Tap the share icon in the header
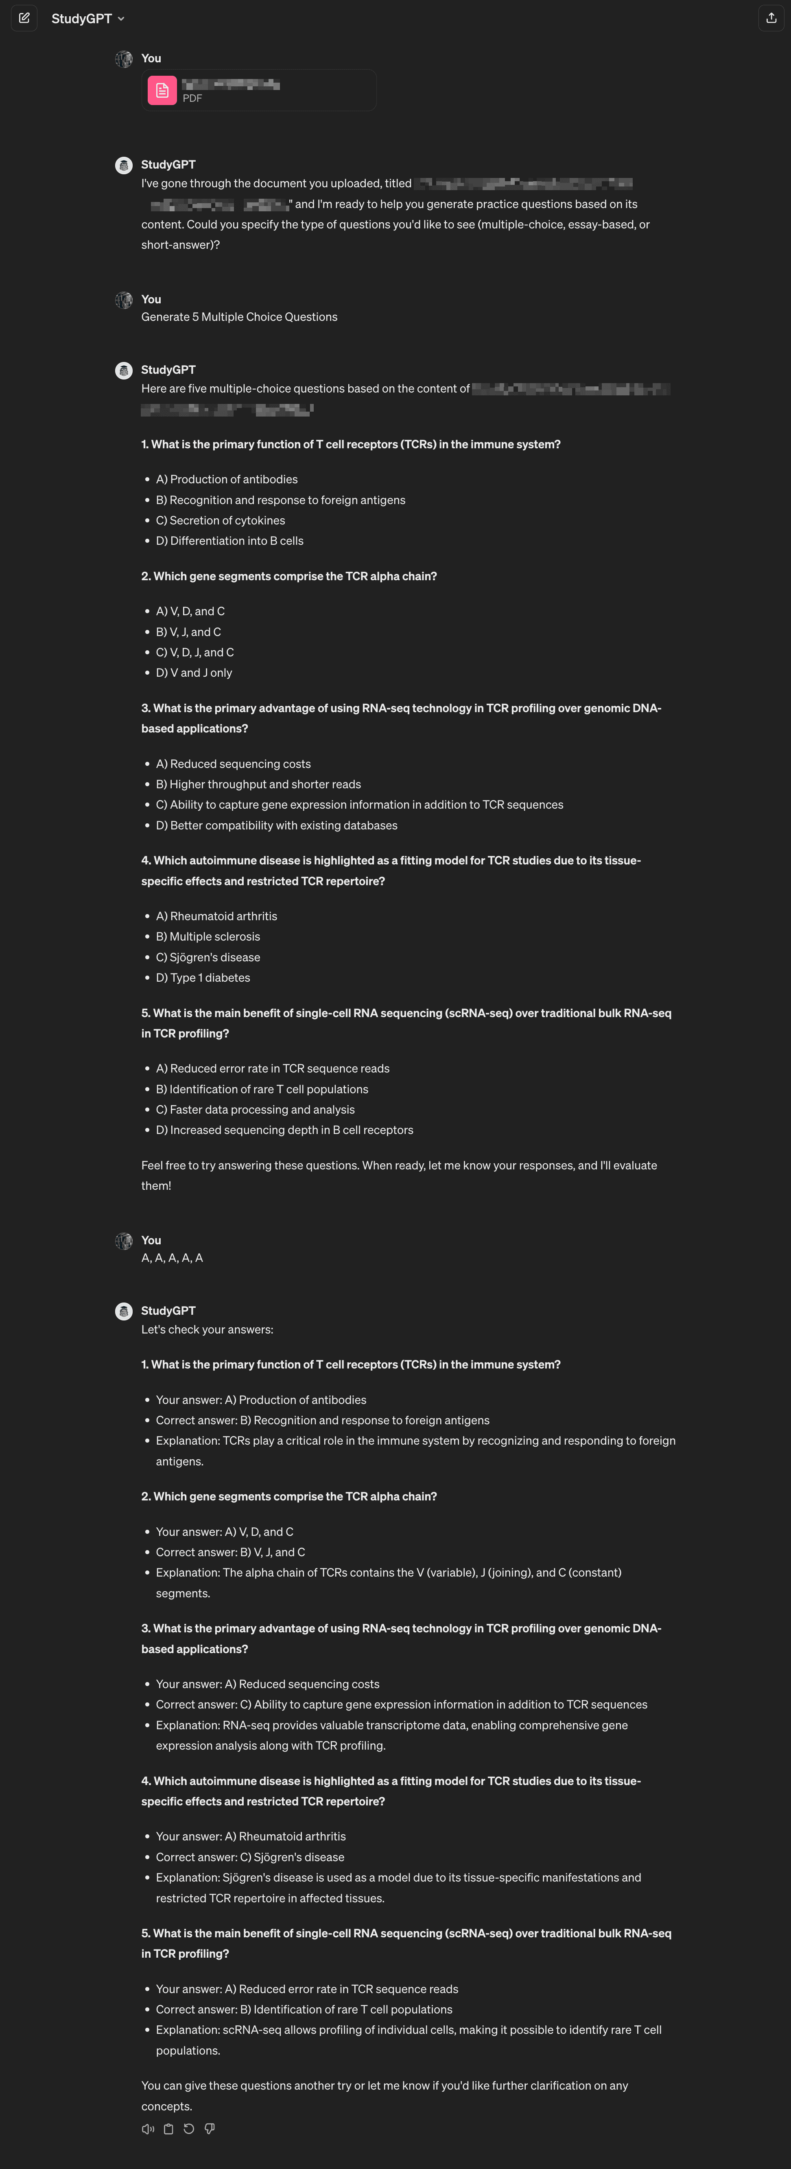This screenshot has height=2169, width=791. pos(771,18)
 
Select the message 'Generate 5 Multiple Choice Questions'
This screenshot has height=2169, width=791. pos(239,317)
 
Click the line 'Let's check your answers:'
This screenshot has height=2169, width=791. pos(207,1329)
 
